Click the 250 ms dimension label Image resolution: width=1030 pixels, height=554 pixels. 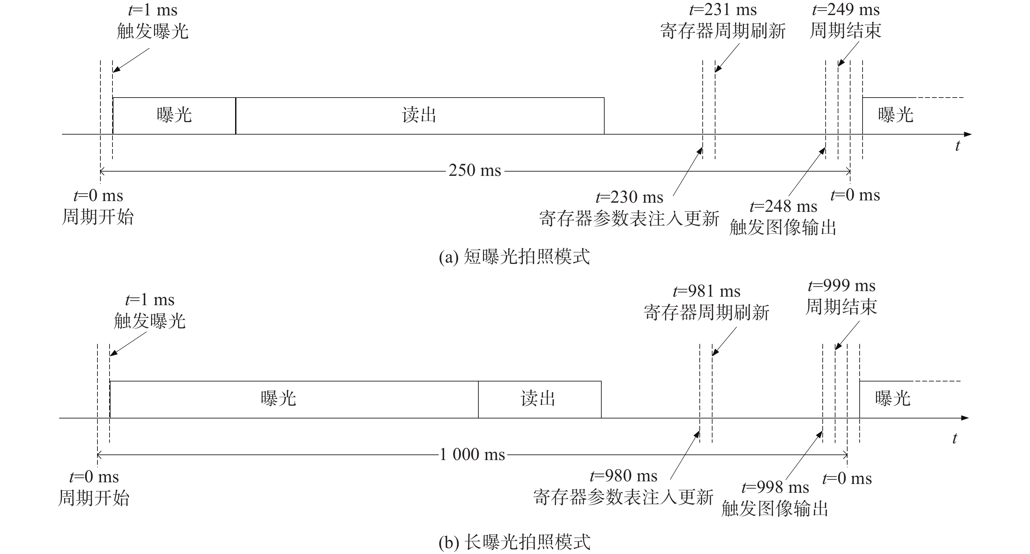click(474, 171)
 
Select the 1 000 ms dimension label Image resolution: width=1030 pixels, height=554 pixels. click(472, 455)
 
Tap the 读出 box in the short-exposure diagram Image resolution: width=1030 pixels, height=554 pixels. click(420, 116)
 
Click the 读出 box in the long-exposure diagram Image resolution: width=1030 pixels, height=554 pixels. click(540, 399)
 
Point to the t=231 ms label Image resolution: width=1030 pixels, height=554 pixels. click(723, 9)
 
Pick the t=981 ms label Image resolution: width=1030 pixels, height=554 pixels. click(707, 291)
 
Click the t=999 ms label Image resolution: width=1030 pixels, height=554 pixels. click(842, 286)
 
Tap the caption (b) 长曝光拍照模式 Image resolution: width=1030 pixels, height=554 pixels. click(514, 542)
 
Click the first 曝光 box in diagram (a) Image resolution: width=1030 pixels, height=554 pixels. click(174, 116)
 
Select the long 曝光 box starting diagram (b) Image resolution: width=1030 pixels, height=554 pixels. click(294, 399)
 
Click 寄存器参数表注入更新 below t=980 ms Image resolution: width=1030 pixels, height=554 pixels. click(623, 497)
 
